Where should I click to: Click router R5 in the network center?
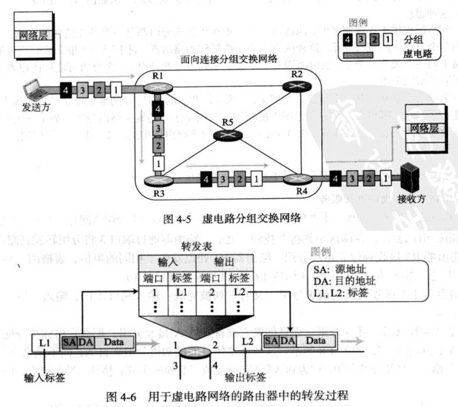click(x=228, y=135)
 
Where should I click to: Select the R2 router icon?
click(x=297, y=86)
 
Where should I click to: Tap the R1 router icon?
click(x=158, y=87)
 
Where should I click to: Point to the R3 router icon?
click(x=159, y=181)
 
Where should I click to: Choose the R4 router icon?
click(x=298, y=179)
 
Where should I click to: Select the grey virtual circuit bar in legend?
click(x=358, y=55)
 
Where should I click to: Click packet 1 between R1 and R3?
click(x=158, y=163)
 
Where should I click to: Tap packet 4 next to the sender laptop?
click(x=66, y=90)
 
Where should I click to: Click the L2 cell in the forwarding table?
click(x=239, y=292)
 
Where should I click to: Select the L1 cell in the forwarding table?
click(x=182, y=292)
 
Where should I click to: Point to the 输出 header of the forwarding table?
click(x=224, y=262)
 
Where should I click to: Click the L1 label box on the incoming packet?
click(x=45, y=342)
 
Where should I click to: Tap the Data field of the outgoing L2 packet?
click(x=315, y=341)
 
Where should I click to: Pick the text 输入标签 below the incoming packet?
click(x=44, y=377)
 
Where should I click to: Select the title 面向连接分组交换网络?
click(x=229, y=59)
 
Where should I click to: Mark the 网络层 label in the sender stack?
click(x=33, y=35)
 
